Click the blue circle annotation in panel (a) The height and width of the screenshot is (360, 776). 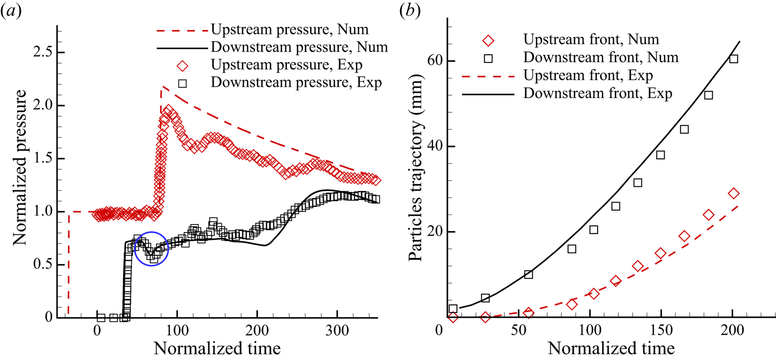coord(152,248)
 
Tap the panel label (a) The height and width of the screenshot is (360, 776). coord(10,11)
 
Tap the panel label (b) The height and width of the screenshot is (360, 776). coord(410,11)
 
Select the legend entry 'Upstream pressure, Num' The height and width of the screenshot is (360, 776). coord(289,29)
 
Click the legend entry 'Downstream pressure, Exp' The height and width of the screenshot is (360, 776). coord(296,82)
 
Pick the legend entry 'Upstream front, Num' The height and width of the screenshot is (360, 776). coord(591,39)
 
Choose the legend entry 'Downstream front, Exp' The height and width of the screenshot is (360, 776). coord(598,93)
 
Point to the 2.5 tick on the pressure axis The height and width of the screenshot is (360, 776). coord(42,52)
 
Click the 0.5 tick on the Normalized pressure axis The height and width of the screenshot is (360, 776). coord(42,264)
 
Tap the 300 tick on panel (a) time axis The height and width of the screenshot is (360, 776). coord(337,330)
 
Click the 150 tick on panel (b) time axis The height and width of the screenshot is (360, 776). coord(661,330)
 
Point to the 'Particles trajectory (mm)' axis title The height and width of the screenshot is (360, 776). coord(416,167)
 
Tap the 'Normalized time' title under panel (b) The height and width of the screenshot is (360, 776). coord(611,349)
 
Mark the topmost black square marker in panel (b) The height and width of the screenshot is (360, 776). coord(734,59)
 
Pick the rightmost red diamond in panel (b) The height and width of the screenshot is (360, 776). coord(734,194)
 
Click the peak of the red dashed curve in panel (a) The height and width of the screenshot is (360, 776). coord(162,87)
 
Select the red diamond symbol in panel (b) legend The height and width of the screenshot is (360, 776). coord(488,40)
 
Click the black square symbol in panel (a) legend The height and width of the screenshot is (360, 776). coord(182,83)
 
